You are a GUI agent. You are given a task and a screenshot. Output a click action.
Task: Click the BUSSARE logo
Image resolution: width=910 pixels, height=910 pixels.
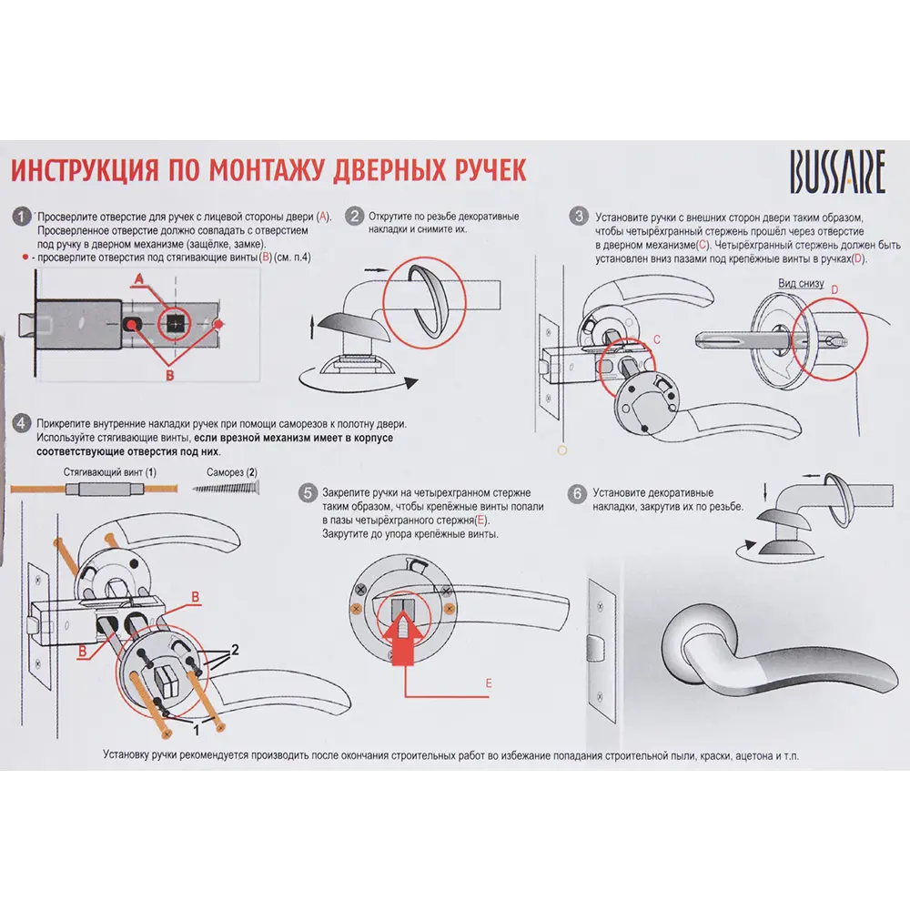point(837,172)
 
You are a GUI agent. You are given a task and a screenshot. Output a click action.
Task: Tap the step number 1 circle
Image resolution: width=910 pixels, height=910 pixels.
point(21,217)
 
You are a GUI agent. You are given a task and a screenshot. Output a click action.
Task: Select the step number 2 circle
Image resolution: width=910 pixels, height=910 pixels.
point(354,217)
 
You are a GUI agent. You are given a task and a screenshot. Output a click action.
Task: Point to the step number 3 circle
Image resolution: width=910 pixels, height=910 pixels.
point(579,217)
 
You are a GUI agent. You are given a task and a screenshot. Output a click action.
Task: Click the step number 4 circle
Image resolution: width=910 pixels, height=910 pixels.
point(21,423)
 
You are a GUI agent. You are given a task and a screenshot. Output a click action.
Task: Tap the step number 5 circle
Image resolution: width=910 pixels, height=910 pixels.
point(308,493)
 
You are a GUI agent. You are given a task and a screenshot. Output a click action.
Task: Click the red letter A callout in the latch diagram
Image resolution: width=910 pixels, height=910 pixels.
point(138,279)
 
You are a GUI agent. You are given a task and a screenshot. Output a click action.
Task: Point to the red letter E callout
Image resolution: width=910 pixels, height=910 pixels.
point(489,683)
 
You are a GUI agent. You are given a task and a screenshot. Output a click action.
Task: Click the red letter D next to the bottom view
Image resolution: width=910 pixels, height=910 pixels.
point(834,289)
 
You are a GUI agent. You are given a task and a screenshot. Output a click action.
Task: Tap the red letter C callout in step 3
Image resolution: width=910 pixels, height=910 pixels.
point(657,339)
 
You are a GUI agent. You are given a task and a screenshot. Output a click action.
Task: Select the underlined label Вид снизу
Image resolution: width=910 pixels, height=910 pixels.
point(801,283)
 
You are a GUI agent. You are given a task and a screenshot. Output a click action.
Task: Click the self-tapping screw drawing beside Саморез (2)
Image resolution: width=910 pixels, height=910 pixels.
point(226,488)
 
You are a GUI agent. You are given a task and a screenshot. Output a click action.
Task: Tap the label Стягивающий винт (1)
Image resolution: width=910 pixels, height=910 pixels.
point(110,472)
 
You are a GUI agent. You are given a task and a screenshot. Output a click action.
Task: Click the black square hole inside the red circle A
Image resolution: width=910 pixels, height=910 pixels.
point(176,323)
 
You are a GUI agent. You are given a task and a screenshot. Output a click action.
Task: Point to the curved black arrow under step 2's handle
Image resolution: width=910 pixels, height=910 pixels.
point(358,383)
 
